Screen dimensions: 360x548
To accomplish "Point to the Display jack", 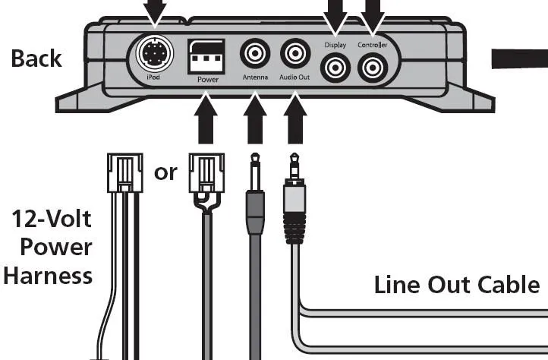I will click(335, 69).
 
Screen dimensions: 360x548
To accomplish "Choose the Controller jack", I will click(372, 69).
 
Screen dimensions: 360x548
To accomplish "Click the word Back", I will click(36, 59).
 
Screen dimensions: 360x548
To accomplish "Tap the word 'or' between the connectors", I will click(165, 172).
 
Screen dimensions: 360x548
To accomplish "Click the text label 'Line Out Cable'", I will click(457, 285).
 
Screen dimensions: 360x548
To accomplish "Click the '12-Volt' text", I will click(52, 220).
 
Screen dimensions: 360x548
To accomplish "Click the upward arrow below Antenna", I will click(255, 118).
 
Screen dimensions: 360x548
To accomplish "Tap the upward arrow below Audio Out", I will click(294, 118).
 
